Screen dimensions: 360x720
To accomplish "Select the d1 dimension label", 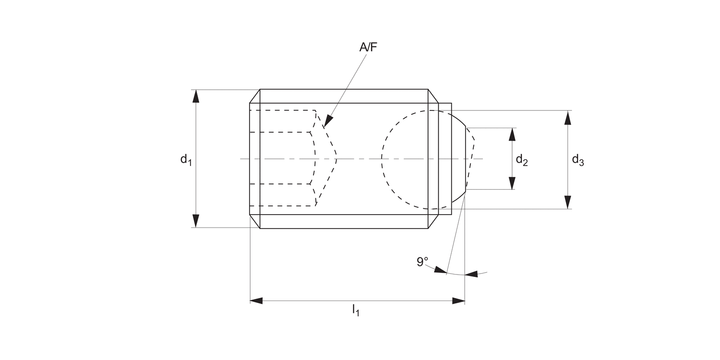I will click(186, 159).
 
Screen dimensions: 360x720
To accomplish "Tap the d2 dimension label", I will click(522, 160).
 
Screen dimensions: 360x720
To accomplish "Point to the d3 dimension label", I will click(577, 160).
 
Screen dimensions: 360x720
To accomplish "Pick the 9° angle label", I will click(422, 262).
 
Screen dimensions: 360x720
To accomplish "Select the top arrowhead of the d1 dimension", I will click(195, 96).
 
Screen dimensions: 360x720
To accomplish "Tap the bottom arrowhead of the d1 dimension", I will click(195, 221).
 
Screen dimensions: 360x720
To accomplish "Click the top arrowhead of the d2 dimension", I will click(512, 134).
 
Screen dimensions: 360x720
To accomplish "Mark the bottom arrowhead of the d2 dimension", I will click(512, 183).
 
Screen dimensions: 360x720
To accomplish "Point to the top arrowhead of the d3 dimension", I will click(568, 117).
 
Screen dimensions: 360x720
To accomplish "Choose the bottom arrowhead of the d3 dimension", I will click(568, 202).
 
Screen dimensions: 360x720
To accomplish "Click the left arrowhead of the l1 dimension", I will click(256, 301).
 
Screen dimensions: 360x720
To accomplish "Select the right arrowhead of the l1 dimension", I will click(459, 301).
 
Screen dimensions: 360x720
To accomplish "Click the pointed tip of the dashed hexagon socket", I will click(336, 159).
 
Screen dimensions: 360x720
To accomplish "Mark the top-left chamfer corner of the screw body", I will click(255, 96).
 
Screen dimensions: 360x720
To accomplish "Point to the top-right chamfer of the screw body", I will click(433, 96).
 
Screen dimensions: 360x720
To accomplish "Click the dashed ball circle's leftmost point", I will click(382, 159).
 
